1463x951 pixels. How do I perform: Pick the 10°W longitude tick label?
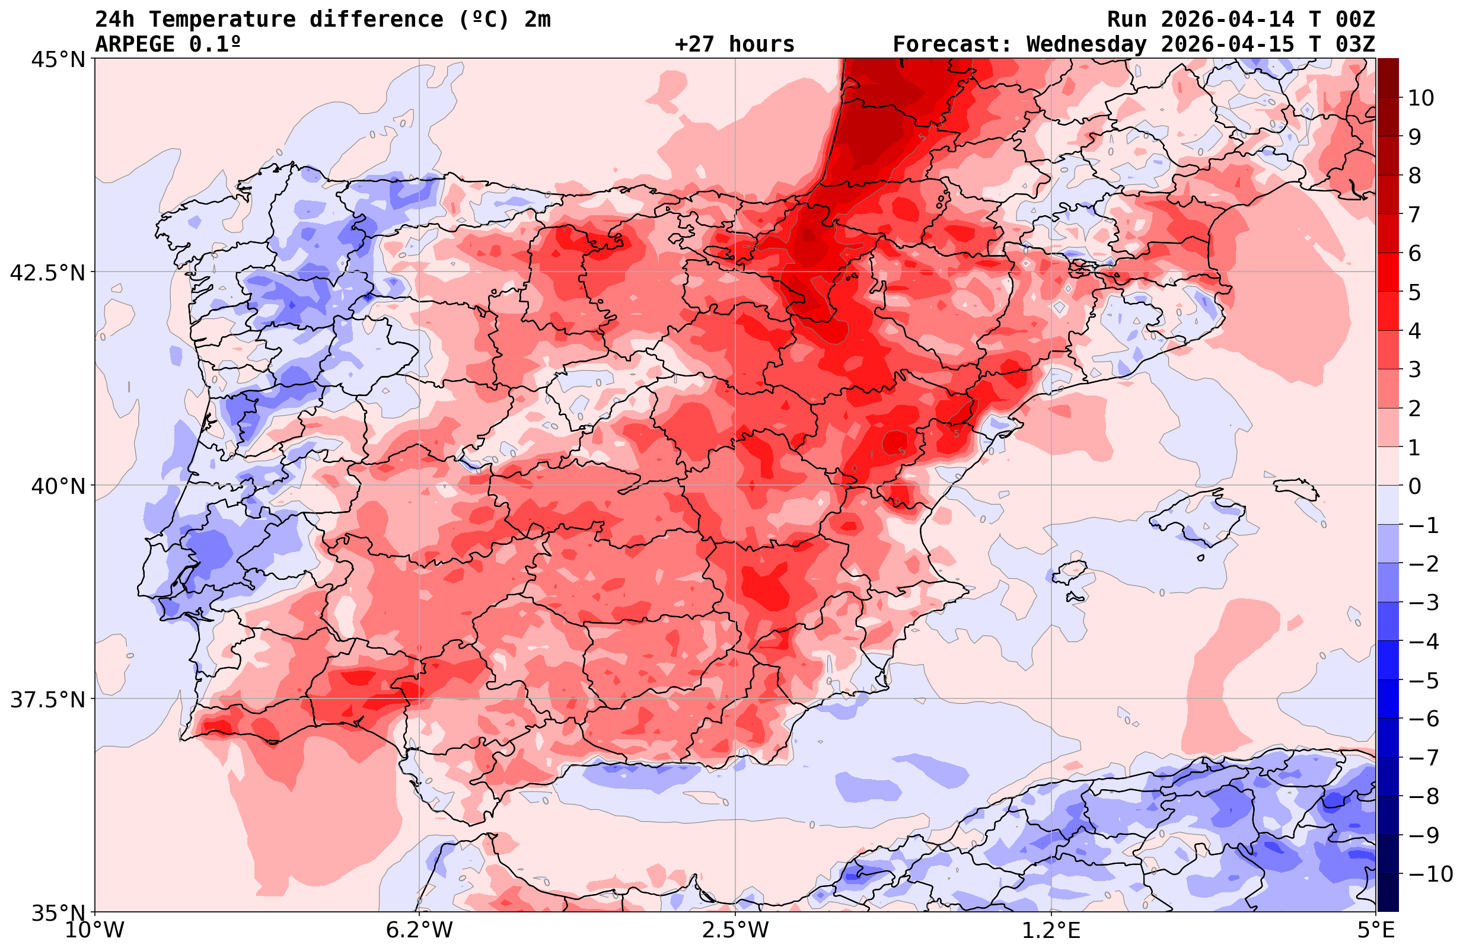pos(94,931)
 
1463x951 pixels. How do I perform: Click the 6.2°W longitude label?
pos(419,931)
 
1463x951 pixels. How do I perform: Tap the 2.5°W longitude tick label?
pos(735,931)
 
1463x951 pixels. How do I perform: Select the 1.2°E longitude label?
pos(1051,931)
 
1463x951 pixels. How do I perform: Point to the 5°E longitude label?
pos(1375,931)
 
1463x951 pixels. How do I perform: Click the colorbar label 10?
pos(1420,98)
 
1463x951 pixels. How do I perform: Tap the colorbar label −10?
pos(1430,873)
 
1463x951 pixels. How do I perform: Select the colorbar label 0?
pos(1414,486)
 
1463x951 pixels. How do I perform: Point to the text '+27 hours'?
pos(734,44)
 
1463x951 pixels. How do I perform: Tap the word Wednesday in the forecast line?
pos(1086,44)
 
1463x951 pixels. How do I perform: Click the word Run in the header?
pos(1127,20)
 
